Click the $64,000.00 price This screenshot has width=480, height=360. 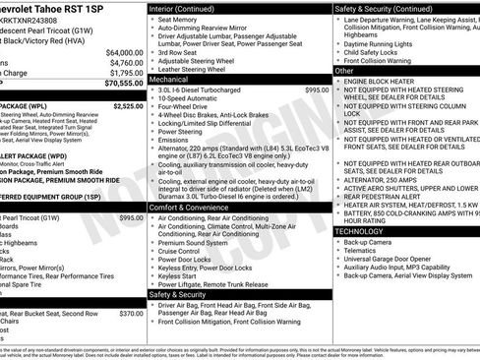pyautogui.click(x=123, y=52)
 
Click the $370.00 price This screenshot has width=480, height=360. pyautogui.click(x=131, y=313)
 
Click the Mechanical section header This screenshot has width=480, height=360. pyautogui.click(x=176, y=80)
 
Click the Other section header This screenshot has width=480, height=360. pyautogui.click(x=344, y=71)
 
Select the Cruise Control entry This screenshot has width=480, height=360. pyautogui.click(x=186, y=251)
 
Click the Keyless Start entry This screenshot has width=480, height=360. pyautogui.click(x=183, y=276)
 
